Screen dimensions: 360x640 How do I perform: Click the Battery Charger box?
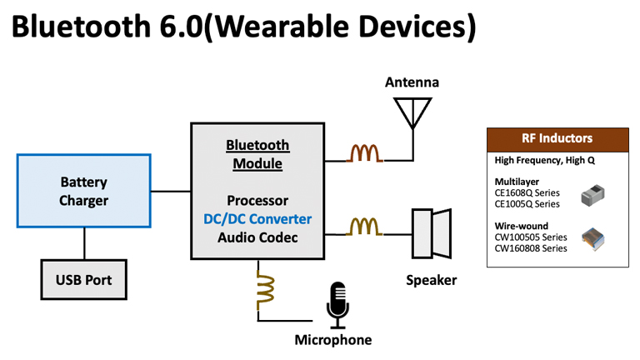click(x=83, y=192)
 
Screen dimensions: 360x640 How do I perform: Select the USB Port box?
click(x=83, y=280)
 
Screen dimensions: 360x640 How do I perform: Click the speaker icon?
click(x=431, y=233)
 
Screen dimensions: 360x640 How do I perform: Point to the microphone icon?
click(x=337, y=304)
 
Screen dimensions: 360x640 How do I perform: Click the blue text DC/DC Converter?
click(x=257, y=219)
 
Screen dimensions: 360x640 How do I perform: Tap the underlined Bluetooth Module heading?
click(x=257, y=154)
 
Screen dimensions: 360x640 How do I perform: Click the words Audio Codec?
click(x=257, y=237)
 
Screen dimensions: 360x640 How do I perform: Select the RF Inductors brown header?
click(x=557, y=138)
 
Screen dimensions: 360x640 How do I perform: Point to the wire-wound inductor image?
click(x=593, y=240)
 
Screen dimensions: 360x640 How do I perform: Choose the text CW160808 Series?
click(x=532, y=248)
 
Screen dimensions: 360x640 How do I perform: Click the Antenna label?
click(x=412, y=82)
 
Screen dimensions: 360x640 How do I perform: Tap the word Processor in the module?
click(x=257, y=201)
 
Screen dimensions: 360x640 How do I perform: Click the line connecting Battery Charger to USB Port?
click(x=83, y=244)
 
